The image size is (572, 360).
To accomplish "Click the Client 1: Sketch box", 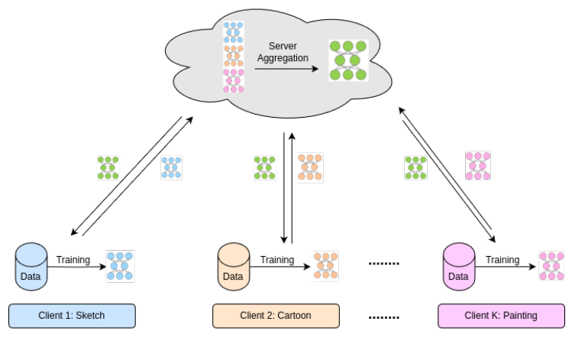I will tap(72, 316).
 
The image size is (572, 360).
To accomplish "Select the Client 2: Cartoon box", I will tap(275, 316).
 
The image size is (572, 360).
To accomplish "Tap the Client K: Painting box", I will tap(501, 316).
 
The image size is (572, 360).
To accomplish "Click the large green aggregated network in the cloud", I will tap(347, 60).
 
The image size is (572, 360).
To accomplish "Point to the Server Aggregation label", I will tap(283, 53).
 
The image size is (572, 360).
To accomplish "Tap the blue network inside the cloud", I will tap(234, 32).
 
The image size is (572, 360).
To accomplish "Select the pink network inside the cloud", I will tap(234, 80).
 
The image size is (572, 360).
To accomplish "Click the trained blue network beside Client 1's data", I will tap(120, 265).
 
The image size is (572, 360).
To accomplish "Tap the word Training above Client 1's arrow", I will tap(73, 260).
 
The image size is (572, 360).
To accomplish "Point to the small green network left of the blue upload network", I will tap(108, 167).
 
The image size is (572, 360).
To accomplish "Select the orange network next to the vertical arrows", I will tap(310, 167).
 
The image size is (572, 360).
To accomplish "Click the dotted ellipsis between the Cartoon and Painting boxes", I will tap(384, 316).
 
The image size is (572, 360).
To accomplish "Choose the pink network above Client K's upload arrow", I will tap(478, 165).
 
